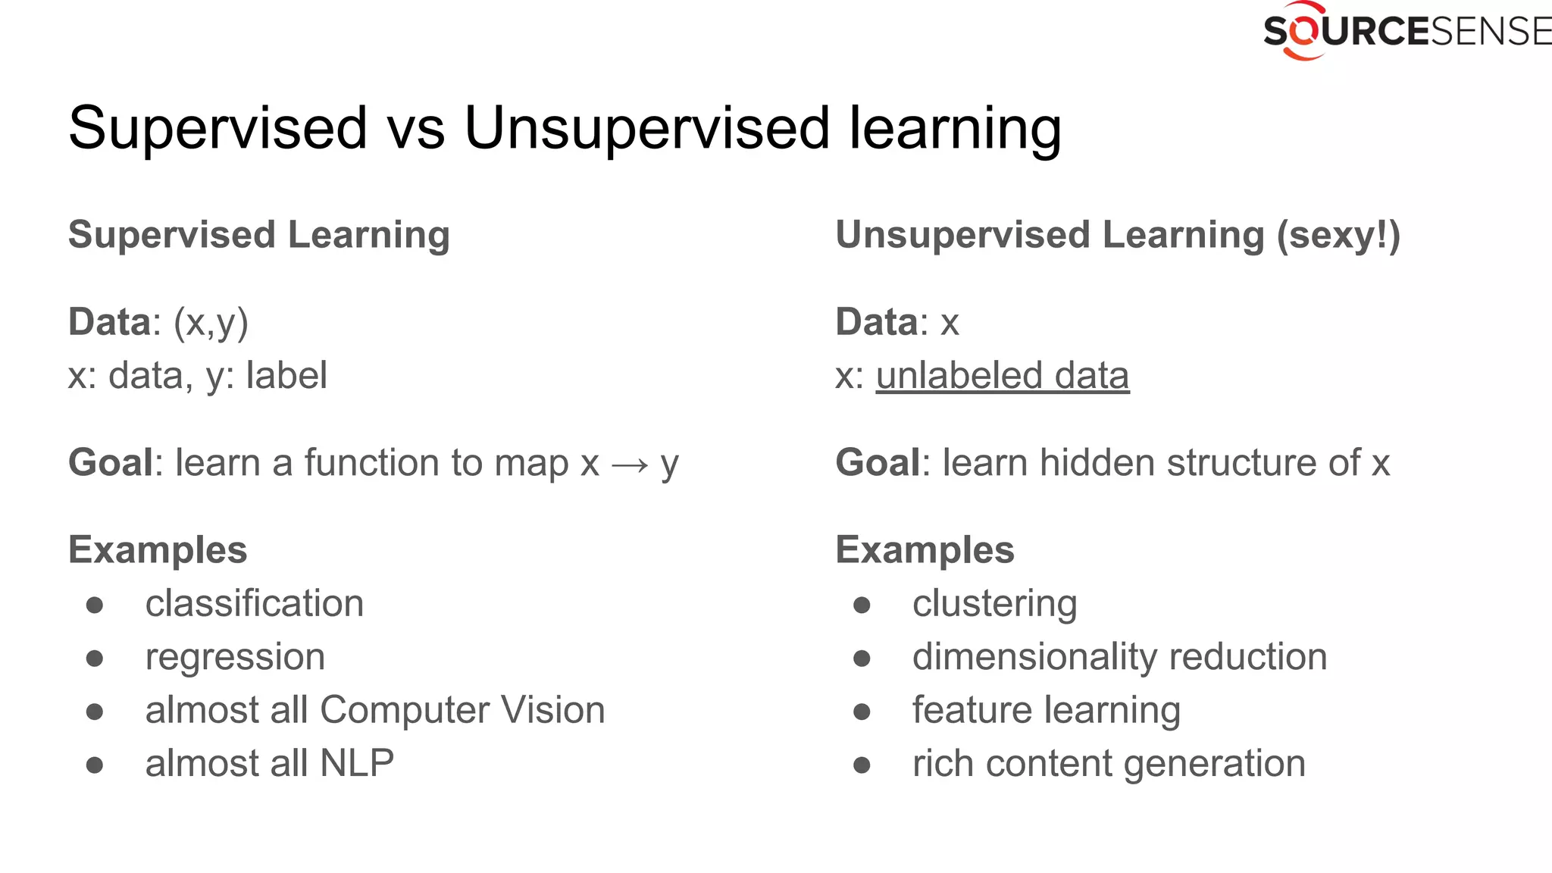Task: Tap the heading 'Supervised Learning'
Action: pyautogui.click(x=259, y=234)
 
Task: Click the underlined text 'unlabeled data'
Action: pyautogui.click(x=1002, y=376)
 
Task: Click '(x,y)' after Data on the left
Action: pyautogui.click(x=211, y=322)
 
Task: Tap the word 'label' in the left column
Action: pyautogui.click(x=286, y=376)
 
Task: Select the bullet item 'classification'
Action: pyautogui.click(x=255, y=604)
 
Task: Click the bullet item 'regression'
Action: pyautogui.click(x=235, y=657)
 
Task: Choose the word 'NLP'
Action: pyautogui.click(x=357, y=763)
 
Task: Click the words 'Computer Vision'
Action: pyautogui.click(x=462, y=710)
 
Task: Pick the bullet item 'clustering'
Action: pyautogui.click(x=994, y=604)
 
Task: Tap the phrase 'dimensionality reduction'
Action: pyautogui.click(x=1119, y=657)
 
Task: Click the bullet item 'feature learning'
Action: pyautogui.click(x=1046, y=710)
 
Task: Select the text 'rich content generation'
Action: pyautogui.click(x=1109, y=763)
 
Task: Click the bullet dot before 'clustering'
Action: pyautogui.click(x=862, y=605)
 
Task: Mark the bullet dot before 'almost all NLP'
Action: pyautogui.click(x=95, y=765)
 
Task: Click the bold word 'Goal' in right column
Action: pyautogui.click(x=878, y=463)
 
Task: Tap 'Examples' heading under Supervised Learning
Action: pyautogui.click(x=158, y=550)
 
